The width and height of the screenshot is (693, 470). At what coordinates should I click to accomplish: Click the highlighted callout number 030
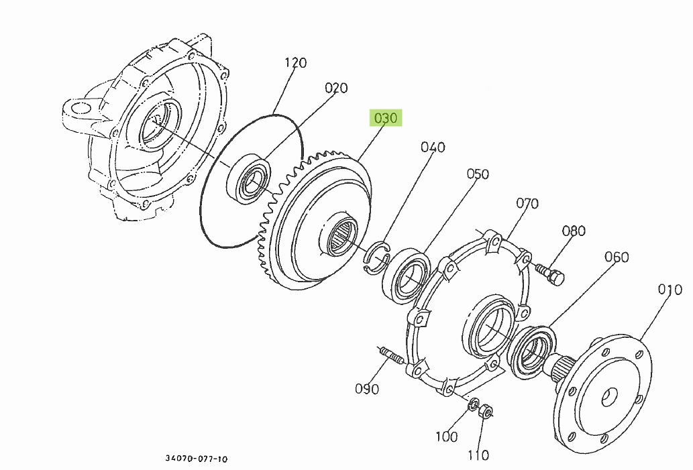click(x=386, y=119)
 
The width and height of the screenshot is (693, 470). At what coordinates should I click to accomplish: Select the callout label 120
click(x=295, y=63)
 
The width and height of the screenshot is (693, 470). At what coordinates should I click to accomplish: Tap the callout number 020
click(x=336, y=88)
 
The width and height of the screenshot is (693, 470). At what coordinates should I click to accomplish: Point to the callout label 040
click(x=433, y=148)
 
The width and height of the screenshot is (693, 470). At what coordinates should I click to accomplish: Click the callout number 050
click(x=478, y=174)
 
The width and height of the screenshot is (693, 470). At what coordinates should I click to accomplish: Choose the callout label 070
click(x=527, y=203)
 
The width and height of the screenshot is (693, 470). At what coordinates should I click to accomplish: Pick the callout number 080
click(x=574, y=231)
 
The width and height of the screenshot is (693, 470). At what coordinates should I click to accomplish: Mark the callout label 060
click(x=616, y=257)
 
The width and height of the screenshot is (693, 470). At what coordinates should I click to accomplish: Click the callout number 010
click(x=670, y=290)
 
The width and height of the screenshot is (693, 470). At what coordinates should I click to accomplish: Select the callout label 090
click(x=367, y=389)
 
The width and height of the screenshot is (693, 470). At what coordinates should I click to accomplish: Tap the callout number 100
click(x=446, y=436)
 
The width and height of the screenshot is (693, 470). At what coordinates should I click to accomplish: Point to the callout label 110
click(x=478, y=455)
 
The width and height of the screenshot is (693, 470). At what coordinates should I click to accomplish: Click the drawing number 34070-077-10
click(x=197, y=459)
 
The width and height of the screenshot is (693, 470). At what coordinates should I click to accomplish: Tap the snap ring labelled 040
click(x=376, y=257)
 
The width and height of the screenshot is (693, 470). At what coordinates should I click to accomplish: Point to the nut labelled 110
click(x=487, y=410)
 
